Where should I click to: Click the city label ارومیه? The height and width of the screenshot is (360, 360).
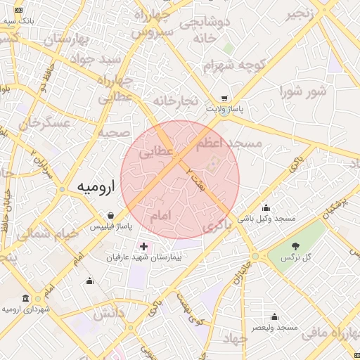pyautogui.click(x=95, y=187)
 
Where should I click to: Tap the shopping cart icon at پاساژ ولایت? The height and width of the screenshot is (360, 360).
pyautogui.click(x=224, y=99)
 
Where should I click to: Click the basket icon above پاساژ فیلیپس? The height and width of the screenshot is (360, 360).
pyautogui.click(x=110, y=215)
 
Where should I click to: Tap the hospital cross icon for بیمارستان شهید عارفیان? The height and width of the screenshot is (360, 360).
pyautogui.click(x=144, y=247)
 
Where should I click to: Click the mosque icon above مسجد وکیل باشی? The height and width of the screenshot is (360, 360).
pyautogui.click(x=266, y=207)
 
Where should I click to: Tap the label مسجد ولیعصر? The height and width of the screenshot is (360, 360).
pyautogui.click(x=277, y=328)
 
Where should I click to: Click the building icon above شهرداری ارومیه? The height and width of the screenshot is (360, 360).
pyautogui.click(x=26, y=297)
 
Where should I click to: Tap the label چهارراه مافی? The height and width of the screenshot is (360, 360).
pyautogui.click(x=331, y=332)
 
